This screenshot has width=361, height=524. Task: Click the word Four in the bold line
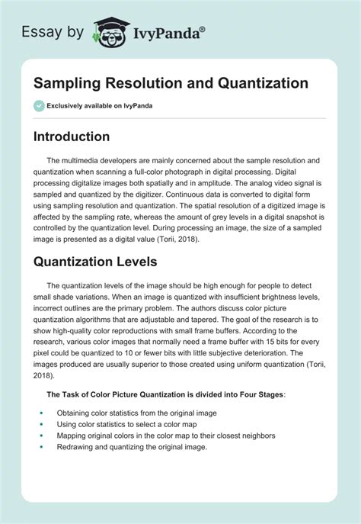[223, 394]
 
